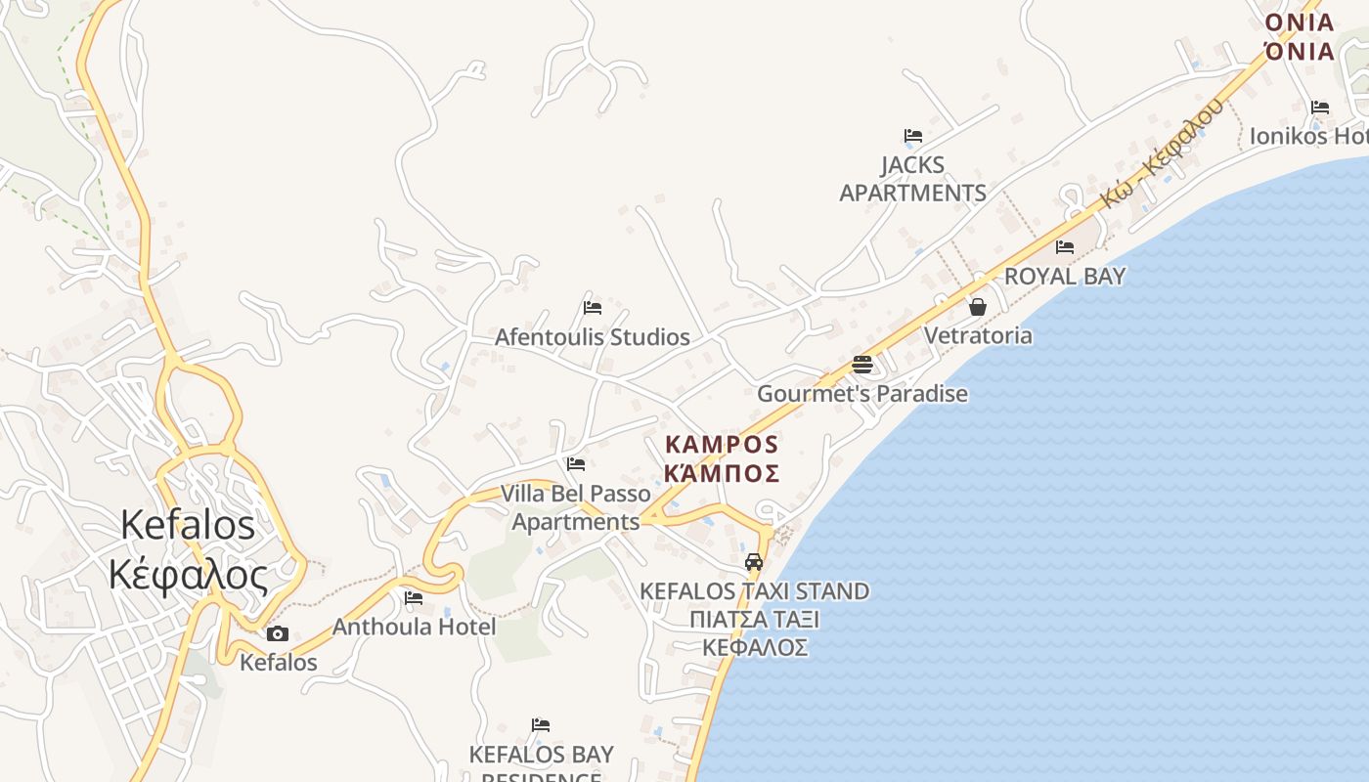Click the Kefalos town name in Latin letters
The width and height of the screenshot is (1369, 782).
tap(187, 525)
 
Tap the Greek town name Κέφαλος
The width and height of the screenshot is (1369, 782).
tap(187, 575)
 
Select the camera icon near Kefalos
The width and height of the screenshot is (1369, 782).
tap(278, 633)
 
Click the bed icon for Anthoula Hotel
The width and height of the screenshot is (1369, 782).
tap(414, 598)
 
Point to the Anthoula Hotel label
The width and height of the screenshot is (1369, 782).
tap(415, 627)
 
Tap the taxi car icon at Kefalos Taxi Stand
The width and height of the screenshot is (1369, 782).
tap(754, 562)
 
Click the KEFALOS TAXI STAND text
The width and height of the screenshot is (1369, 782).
tap(754, 591)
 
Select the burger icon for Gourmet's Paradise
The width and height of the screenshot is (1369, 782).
tap(861, 365)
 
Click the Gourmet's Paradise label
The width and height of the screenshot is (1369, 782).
tap(862, 394)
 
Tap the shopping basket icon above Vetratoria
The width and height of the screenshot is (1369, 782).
tap(977, 307)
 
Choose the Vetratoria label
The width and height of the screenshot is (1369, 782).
tap(978, 335)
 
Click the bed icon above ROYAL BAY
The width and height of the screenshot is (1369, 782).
tap(1065, 247)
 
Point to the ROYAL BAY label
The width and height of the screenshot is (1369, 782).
tap(1065, 276)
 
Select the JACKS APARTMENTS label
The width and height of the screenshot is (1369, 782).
tap(912, 179)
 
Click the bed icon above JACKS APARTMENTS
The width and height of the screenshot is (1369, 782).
tap(913, 136)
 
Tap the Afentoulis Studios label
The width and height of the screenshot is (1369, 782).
tap(592, 337)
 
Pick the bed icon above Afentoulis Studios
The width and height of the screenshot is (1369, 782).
tap(592, 308)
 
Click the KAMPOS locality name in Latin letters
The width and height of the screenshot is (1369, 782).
tap(722, 445)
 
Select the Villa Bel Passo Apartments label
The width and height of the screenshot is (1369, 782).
tap(576, 507)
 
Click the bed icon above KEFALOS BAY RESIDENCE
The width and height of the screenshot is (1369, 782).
tap(541, 725)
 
